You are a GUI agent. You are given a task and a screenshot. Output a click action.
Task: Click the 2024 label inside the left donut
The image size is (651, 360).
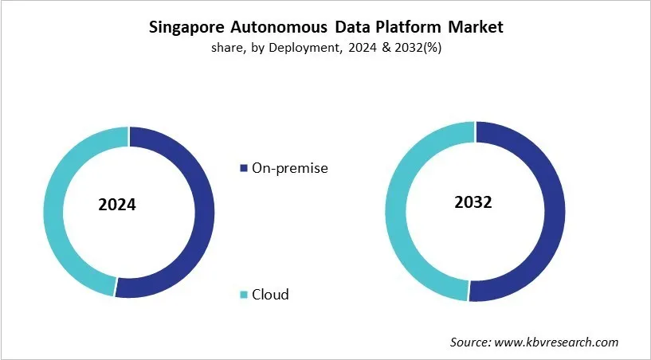[117, 205]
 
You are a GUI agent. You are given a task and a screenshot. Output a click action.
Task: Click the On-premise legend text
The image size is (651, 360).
[289, 168]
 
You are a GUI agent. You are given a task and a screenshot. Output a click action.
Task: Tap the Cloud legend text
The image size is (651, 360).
[270, 295]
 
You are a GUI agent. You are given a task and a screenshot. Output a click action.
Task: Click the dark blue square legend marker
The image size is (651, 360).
[243, 169]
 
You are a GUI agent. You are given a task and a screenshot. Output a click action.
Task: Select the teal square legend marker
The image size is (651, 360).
[243, 295]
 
